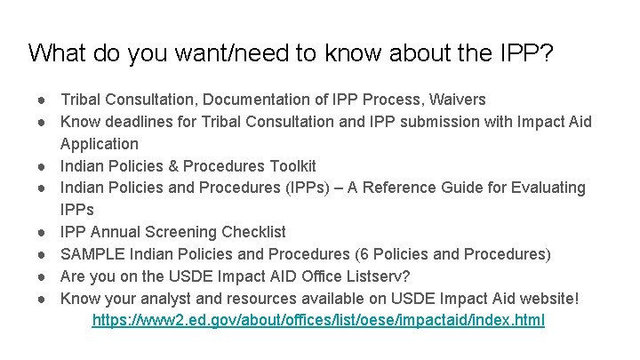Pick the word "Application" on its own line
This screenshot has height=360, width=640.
(100, 144)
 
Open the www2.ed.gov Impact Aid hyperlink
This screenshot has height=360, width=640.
(318, 320)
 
